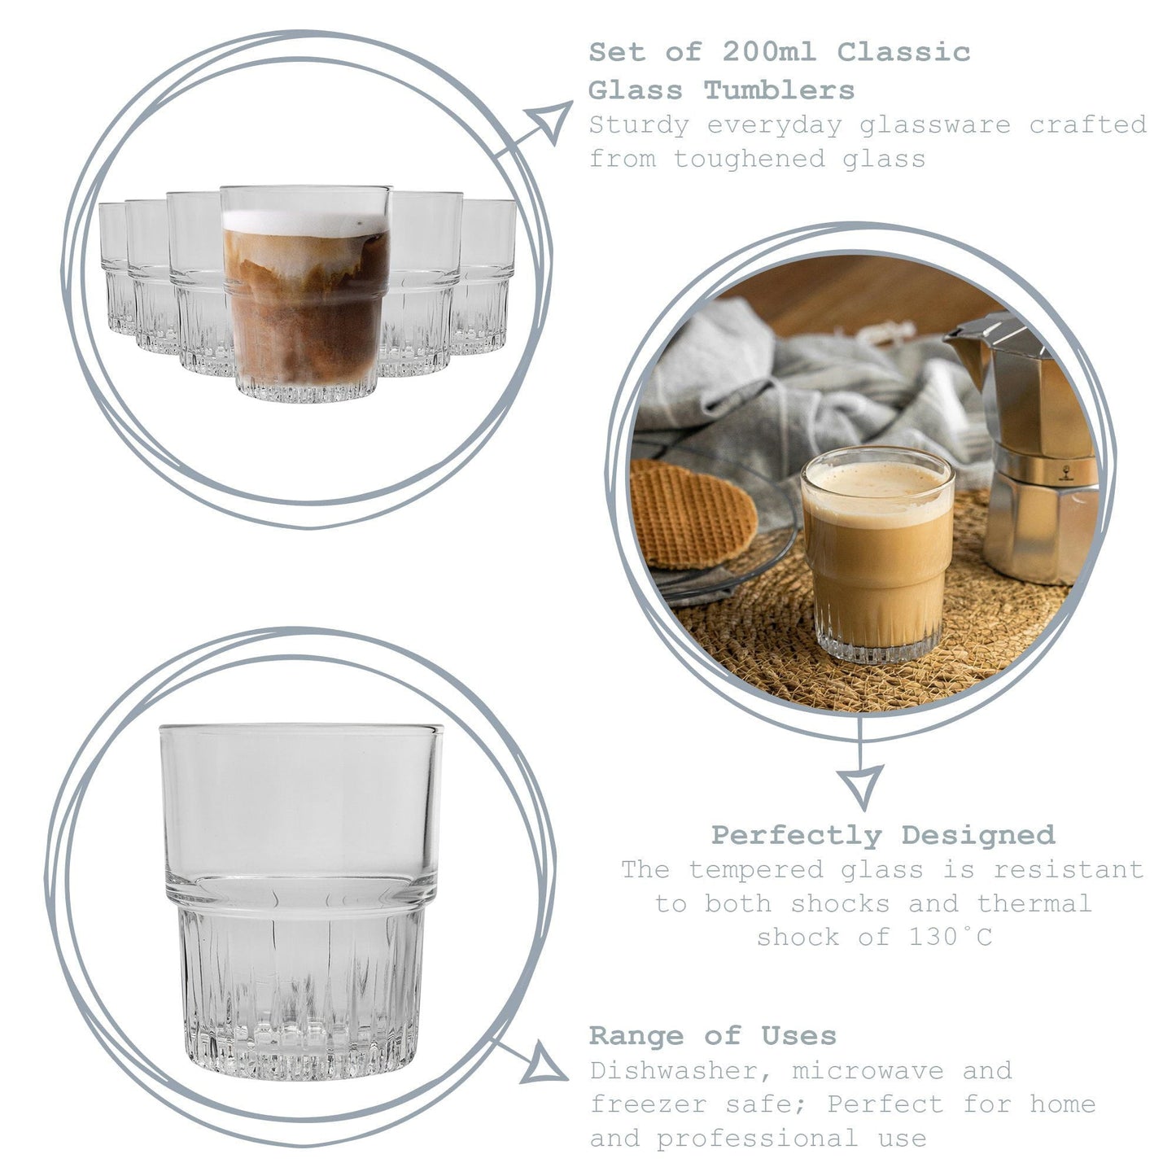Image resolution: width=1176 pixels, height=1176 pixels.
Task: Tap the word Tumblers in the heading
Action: point(779,90)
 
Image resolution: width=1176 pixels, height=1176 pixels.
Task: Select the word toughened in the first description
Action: point(749,159)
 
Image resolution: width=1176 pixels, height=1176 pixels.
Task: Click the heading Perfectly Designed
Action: point(882,835)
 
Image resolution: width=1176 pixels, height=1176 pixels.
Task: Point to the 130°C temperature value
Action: point(950,938)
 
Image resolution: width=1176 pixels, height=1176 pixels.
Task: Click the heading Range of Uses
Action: point(712,1036)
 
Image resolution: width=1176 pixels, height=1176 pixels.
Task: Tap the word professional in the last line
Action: point(757,1139)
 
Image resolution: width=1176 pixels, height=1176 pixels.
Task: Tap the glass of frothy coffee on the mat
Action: point(877,553)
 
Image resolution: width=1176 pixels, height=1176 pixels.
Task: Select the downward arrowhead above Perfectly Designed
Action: point(861,785)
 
